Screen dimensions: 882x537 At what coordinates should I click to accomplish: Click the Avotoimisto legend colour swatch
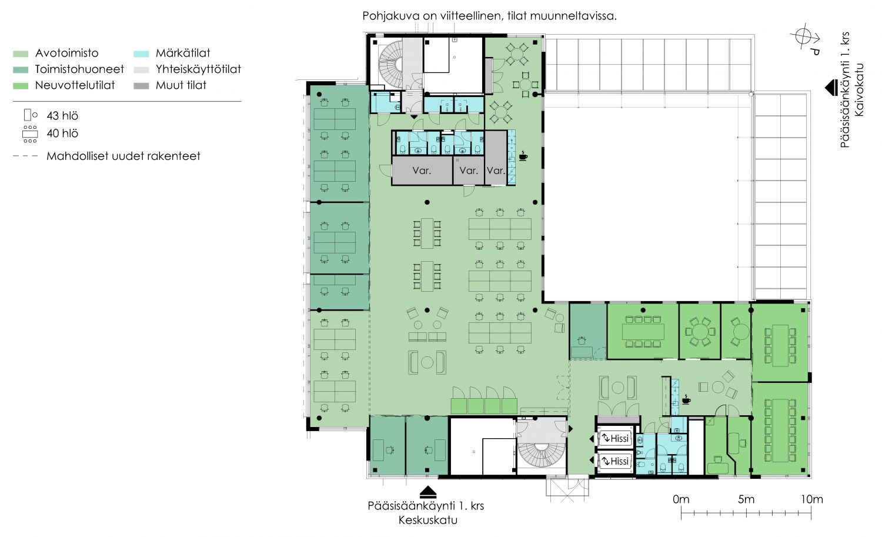click(21, 54)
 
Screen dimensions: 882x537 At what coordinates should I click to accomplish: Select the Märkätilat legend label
click(183, 53)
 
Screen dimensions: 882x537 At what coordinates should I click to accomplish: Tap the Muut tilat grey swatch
click(141, 85)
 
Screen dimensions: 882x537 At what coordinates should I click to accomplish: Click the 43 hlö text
click(62, 116)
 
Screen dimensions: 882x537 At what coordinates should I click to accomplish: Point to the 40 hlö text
click(62, 134)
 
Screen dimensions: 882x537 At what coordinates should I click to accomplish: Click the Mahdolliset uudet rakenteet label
click(123, 156)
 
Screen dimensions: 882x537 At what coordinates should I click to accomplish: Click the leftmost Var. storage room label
click(422, 171)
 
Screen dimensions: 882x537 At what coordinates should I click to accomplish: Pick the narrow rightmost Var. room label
click(496, 171)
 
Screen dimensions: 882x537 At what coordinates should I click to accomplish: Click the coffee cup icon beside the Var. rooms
click(523, 156)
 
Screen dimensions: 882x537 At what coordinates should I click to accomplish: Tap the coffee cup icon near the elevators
click(686, 399)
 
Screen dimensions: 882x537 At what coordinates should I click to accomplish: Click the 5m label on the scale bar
click(746, 499)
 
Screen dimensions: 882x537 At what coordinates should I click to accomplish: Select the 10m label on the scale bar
click(811, 499)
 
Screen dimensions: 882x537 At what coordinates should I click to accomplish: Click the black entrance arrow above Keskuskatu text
click(428, 492)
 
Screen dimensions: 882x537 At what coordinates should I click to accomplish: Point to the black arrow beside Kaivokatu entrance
click(831, 88)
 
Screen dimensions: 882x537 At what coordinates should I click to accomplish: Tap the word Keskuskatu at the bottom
click(428, 520)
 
